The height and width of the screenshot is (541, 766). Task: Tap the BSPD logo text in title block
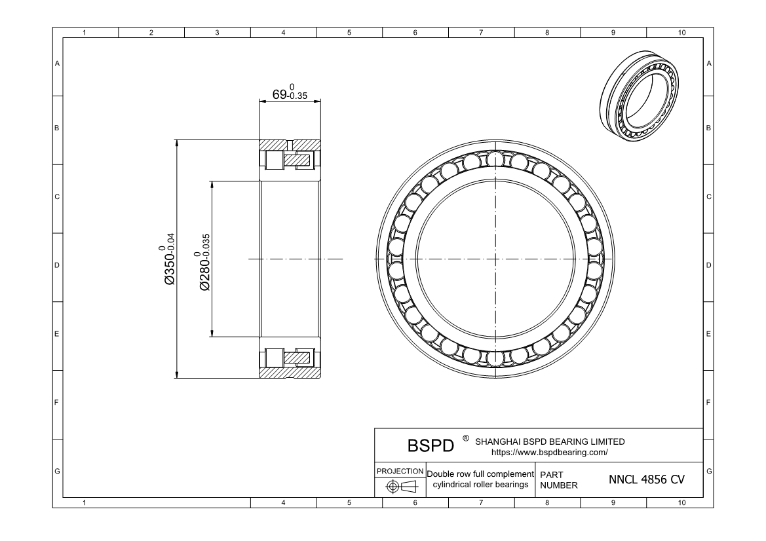(431, 445)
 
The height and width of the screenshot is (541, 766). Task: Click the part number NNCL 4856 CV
(647, 479)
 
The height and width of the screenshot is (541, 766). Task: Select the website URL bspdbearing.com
(549, 452)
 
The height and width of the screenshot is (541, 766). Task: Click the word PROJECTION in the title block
(400, 471)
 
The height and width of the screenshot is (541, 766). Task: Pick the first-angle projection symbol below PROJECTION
(400, 486)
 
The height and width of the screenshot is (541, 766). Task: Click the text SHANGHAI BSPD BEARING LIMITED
(549, 441)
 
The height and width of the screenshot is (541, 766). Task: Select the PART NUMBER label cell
(558, 479)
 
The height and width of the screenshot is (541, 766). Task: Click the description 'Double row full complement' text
(480, 474)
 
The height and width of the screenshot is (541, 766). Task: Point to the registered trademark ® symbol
(466, 437)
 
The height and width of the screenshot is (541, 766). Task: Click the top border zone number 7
(482, 32)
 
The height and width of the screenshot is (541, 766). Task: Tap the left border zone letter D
(57, 266)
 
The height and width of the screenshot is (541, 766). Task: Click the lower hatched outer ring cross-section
(290, 373)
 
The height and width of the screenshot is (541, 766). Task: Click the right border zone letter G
(709, 471)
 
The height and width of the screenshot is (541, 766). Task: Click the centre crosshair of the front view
(496, 259)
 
